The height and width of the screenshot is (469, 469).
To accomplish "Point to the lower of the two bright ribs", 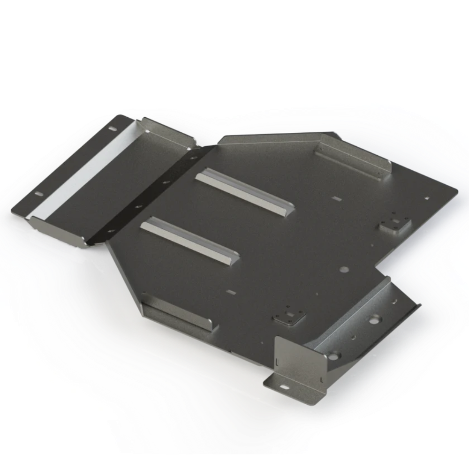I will click(190, 239).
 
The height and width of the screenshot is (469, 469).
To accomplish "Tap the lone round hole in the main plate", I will click(344, 270).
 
